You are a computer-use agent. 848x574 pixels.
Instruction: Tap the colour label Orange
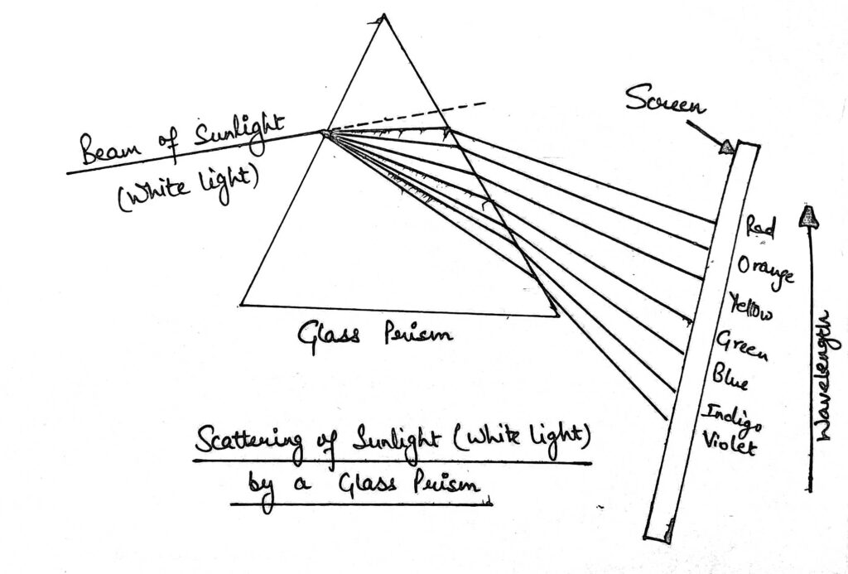point(766,269)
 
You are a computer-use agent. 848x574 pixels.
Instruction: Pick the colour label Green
point(741,345)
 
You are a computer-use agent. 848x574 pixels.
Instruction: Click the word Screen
point(665,103)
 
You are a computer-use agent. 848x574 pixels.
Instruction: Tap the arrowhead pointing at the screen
point(725,147)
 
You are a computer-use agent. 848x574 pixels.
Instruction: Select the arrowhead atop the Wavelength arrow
point(807,217)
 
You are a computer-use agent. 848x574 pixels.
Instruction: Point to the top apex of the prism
point(382,17)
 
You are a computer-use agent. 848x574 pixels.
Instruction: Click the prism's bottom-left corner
point(241,303)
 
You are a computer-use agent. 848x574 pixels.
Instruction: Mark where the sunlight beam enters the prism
point(325,133)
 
